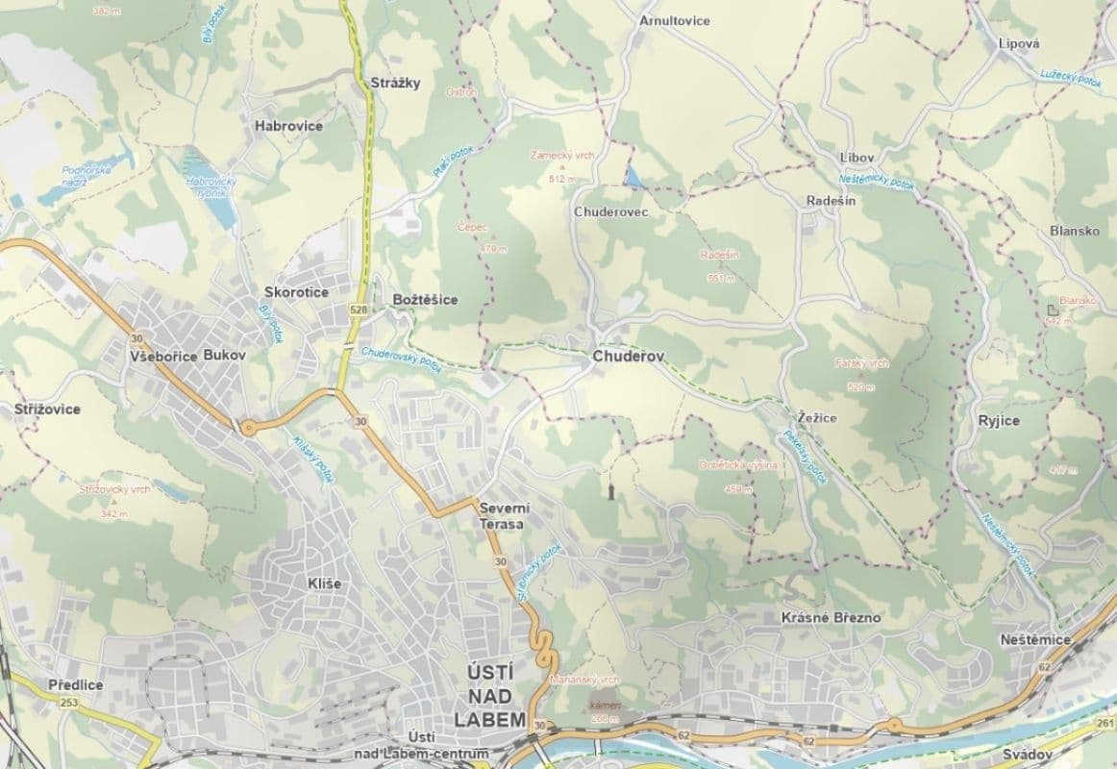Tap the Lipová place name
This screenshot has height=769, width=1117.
pyautogui.click(x=1019, y=43)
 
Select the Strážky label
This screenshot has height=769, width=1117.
pyautogui.click(x=395, y=83)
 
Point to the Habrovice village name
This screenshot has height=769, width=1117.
pyautogui.click(x=288, y=126)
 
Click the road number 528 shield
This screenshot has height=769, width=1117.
pyautogui.click(x=359, y=310)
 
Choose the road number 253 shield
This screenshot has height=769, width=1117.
pyautogui.click(x=68, y=703)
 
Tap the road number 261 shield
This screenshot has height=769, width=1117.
pyautogui.click(x=1104, y=723)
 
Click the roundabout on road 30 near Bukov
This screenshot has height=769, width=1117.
pyautogui.click(x=249, y=427)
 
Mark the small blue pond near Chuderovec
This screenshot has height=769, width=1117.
pyautogui.click(x=634, y=176)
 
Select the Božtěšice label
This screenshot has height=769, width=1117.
pyautogui.click(x=426, y=300)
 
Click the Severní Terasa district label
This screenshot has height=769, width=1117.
pyautogui.click(x=501, y=515)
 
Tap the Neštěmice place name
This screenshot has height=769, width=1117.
pyautogui.click(x=1035, y=639)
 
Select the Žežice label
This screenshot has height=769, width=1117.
pyautogui.click(x=817, y=417)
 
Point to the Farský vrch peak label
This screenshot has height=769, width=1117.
pyautogui.click(x=862, y=364)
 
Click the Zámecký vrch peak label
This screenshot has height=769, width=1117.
pyautogui.click(x=560, y=155)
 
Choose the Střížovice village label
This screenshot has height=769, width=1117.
pyautogui.click(x=48, y=409)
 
